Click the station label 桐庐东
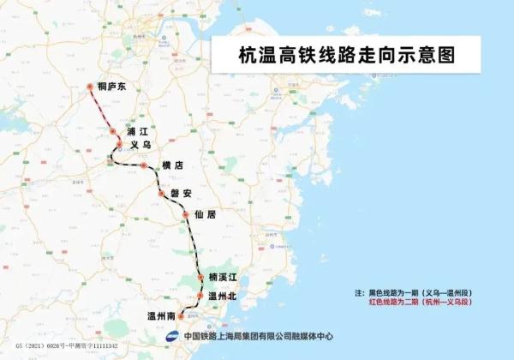(x=111, y=87)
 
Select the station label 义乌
(x=140, y=147)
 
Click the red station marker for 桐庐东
(x=89, y=87)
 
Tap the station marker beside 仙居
(x=186, y=215)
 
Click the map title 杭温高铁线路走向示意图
(x=345, y=53)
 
